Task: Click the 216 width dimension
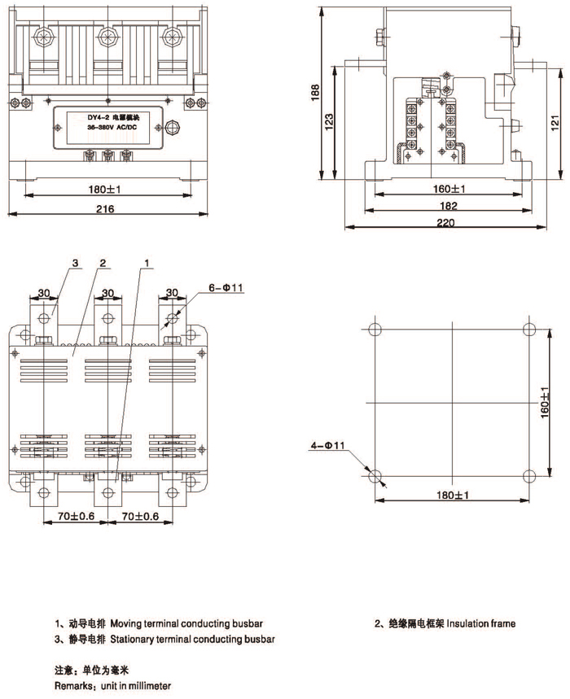105,209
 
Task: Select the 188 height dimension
315,95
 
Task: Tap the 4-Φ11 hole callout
329,445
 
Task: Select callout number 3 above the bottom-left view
74,264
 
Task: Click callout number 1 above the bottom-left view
147,264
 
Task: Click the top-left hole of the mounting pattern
374,330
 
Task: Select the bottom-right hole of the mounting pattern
529,476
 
